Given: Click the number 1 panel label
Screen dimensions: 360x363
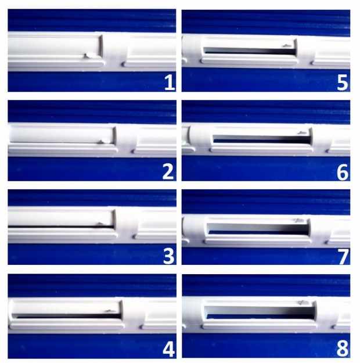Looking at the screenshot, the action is coord(170,83).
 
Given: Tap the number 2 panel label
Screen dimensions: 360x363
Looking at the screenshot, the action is coord(168,172).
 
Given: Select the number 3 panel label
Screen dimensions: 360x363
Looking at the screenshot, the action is coord(168,257).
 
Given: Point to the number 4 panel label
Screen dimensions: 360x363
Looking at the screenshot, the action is coord(169,349).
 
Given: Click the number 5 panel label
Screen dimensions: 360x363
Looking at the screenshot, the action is coord(343,83).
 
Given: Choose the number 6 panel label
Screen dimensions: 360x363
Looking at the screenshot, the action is coord(343,172).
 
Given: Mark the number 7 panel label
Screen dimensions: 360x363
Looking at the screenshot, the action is coord(343,257).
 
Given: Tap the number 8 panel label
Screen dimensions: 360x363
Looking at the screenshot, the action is coord(343,349).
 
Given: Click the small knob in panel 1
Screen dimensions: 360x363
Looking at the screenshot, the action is coord(90,55).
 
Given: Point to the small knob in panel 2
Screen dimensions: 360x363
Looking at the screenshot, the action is coord(104,141).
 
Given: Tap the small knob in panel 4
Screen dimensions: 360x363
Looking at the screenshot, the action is coord(110,311).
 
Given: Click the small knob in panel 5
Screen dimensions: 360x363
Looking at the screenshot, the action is coord(287,46).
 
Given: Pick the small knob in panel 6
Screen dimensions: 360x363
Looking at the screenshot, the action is coord(302,133).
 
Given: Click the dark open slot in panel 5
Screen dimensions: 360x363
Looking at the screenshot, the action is coord(250,51).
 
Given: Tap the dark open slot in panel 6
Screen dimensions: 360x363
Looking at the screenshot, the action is coord(262,139).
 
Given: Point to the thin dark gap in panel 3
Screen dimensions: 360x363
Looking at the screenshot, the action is coord(62,226).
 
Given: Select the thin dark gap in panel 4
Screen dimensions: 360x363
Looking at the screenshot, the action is coord(67,316).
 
